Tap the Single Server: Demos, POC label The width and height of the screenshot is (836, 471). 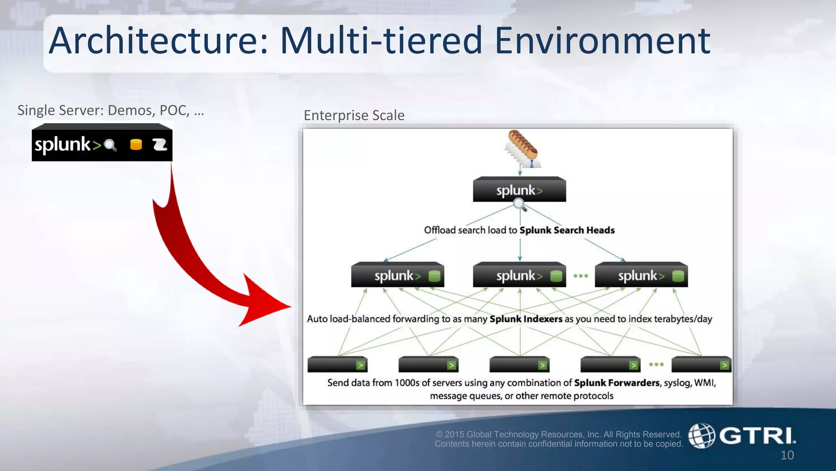tap(110, 110)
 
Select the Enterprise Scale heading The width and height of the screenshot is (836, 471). tap(354, 115)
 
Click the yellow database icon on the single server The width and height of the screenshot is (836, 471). tap(136, 144)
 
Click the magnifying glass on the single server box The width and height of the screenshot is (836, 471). tap(110, 145)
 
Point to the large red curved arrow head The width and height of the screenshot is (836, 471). tap(265, 303)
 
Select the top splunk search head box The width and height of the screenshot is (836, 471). tap(519, 190)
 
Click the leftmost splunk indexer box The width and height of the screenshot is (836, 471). tap(397, 275)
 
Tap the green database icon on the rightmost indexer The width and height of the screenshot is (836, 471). tap(678, 276)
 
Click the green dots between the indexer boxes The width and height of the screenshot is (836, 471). tap(580, 276)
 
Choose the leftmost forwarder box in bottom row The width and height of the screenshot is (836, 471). tap(337, 364)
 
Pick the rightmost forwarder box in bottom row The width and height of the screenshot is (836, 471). tap(701, 364)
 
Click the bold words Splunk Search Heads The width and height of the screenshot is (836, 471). tap(567, 230)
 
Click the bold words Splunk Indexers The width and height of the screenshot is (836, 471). tap(526, 319)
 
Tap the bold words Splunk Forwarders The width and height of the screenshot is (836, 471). tap(616, 383)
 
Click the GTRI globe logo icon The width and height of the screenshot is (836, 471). tap(701, 436)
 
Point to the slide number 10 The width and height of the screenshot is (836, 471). tap(787, 455)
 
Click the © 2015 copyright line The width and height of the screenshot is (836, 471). tap(558, 434)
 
